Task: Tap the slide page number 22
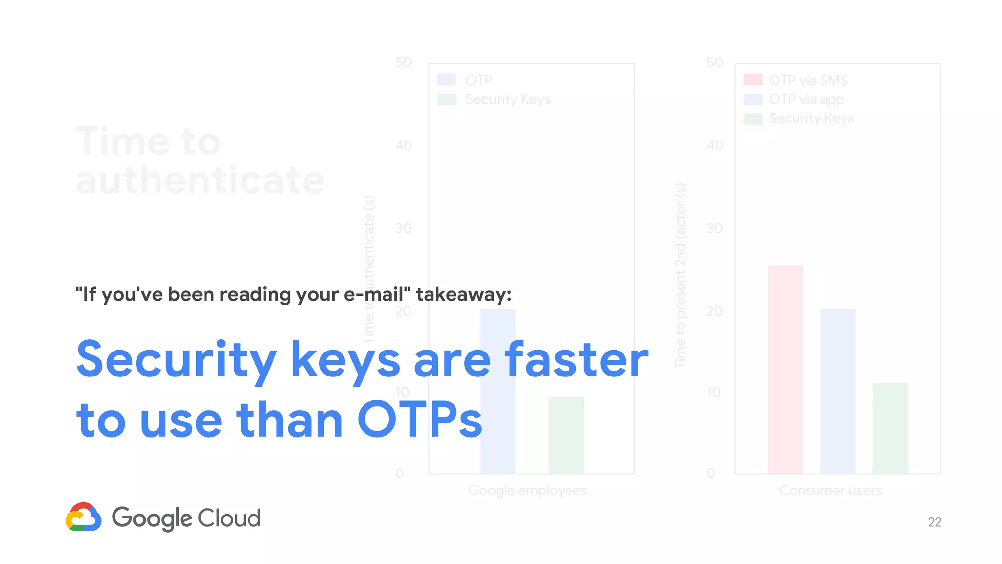point(934,522)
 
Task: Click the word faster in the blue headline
point(577,360)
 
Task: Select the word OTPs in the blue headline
point(419,420)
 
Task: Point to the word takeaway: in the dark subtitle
point(463,294)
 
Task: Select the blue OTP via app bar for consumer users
point(838,391)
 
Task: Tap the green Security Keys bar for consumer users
point(890,428)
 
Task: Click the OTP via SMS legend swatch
point(752,80)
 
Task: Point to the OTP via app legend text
point(806,99)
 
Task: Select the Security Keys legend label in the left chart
point(508,99)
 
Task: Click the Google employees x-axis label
point(527,490)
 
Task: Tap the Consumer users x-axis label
point(830,490)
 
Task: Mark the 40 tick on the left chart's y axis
point(404,145)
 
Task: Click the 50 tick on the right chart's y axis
point(715,63)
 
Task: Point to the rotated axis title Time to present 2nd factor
point(681,275)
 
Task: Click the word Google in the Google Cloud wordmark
point(152,518)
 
